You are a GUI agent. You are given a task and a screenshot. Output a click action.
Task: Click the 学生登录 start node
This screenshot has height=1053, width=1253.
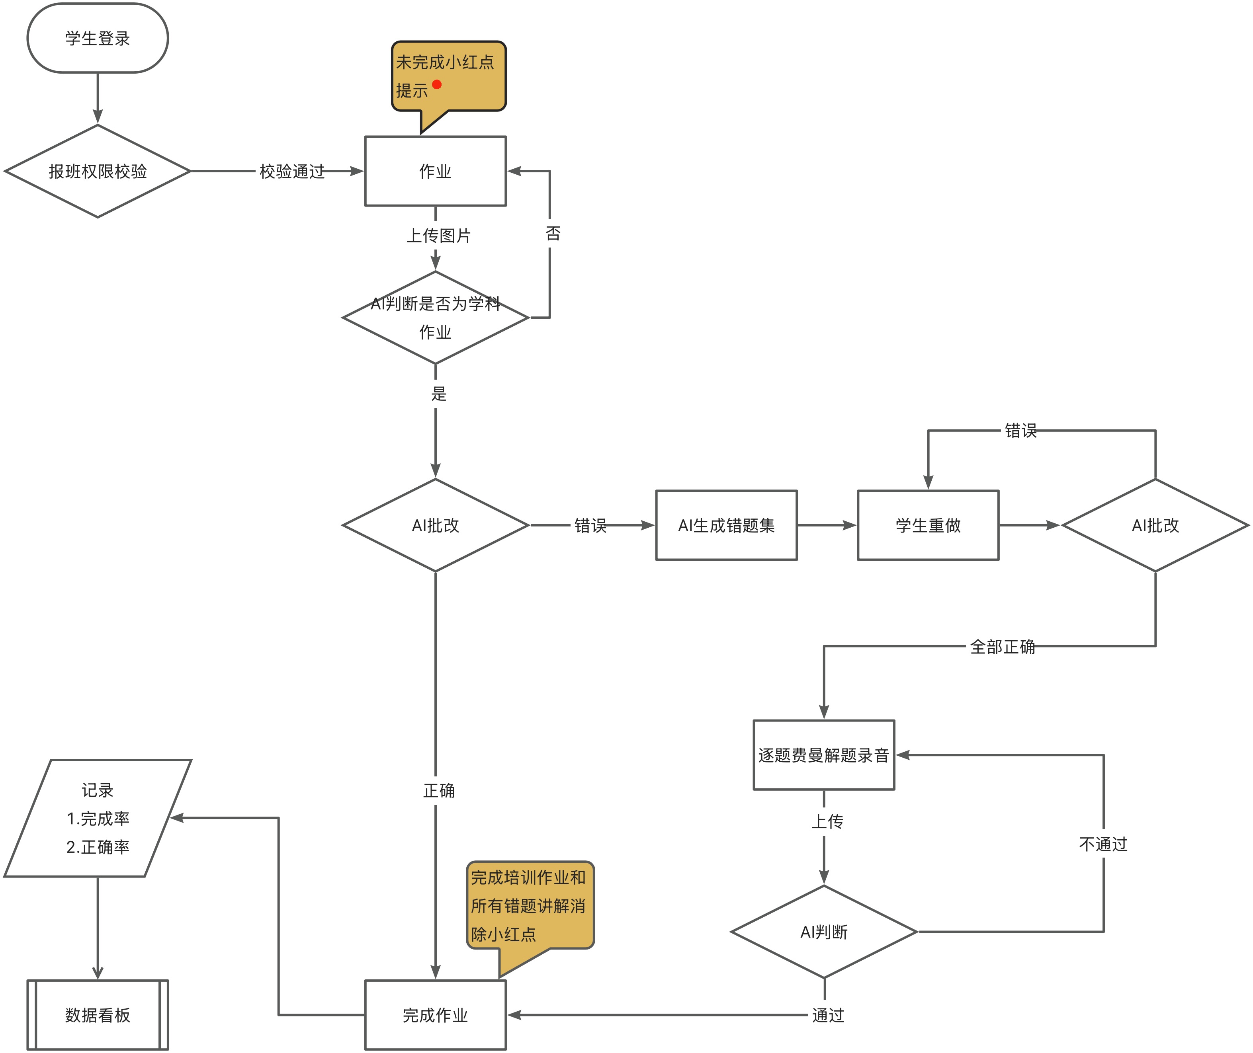coord(97,38)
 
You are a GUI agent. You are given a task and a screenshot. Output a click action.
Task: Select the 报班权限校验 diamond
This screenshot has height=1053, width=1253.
coord(97,171)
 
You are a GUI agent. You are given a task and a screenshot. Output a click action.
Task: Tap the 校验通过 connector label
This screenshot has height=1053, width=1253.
coord(291,171)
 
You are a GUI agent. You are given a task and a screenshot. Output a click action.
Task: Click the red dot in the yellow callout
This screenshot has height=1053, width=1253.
coord(436,84)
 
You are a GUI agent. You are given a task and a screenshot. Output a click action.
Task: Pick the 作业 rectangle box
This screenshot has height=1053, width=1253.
coord(436,171)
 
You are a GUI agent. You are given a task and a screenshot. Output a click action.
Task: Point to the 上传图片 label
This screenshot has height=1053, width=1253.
coord(438,236)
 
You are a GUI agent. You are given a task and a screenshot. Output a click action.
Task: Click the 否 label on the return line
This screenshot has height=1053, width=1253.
coord(553,233)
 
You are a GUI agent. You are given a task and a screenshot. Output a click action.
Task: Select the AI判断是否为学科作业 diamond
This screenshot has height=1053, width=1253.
coord(436,318)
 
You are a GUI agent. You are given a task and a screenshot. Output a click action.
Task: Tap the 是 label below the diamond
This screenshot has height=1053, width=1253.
coord(439,393)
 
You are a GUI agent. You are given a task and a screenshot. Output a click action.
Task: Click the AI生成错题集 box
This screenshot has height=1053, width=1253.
coord(726,525)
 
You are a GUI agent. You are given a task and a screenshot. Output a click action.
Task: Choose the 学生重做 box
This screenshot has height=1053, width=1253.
coord(928,525)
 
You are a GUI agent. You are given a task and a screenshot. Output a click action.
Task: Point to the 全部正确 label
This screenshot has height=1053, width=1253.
coord(1002,646)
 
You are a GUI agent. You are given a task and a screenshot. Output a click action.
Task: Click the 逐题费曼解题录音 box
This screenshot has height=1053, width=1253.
coord(823,755)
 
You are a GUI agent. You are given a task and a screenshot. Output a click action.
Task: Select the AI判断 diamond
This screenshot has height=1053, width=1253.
coord(823,932)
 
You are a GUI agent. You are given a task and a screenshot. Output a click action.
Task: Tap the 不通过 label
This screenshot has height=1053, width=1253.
coord(1103,844)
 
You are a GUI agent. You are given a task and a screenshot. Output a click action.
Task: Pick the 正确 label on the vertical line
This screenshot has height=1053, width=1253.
coord(439,791)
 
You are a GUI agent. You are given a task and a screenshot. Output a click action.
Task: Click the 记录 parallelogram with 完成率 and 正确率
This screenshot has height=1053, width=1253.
coord(97,818)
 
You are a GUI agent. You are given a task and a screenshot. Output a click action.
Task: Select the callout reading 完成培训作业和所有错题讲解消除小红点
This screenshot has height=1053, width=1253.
coord(529,906)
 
